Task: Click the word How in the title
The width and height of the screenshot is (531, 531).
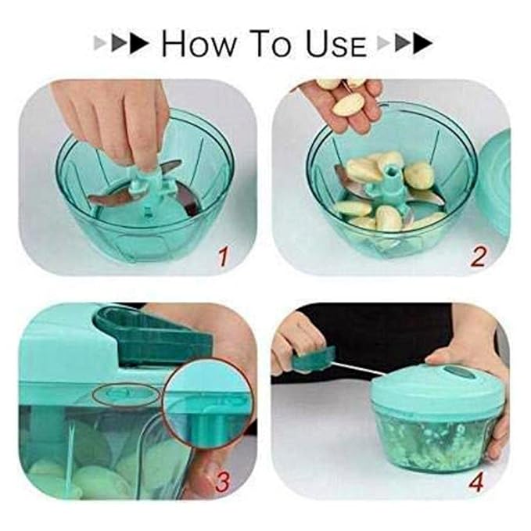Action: (199, 43)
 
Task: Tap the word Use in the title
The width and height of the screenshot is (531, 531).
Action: (336, 43)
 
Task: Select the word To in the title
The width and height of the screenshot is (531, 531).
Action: (271, 43)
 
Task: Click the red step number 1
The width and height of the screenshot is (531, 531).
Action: (224, 257)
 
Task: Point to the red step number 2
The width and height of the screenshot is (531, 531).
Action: (479, 257)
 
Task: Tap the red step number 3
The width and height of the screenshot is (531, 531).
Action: (223, 482)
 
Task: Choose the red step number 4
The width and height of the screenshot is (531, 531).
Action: (476, 482)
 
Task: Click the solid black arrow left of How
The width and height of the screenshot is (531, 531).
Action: (139, 43)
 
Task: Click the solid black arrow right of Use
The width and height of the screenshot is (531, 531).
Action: (422, 43)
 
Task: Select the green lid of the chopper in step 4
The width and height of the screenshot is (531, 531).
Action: (436, 386)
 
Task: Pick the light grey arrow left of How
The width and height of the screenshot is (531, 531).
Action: (100, 43)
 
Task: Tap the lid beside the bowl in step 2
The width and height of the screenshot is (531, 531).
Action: (493, 181)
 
